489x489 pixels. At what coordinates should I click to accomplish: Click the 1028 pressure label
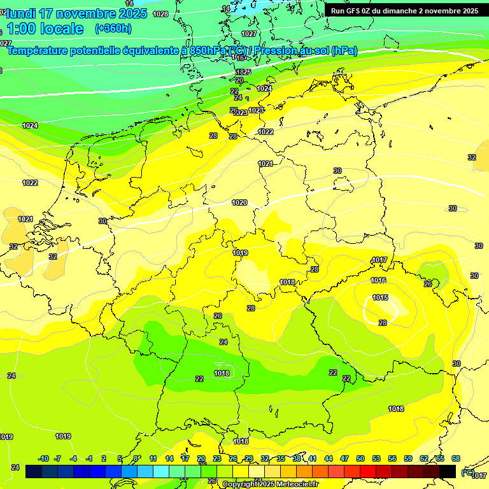[160, 14]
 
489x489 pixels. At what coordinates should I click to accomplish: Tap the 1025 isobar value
[243, 72]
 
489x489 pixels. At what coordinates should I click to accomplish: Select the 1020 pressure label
[239, 202]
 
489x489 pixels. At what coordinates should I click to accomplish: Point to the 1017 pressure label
[379, 260]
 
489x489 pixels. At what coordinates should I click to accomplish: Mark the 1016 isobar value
[378, 280]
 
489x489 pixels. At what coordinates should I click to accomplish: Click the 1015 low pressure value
[381, 297]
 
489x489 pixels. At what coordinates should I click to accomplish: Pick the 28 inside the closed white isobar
[383, 323]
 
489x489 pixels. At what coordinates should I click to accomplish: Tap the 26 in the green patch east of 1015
[428, 283]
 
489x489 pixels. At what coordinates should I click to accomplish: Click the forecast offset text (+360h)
[113, 29]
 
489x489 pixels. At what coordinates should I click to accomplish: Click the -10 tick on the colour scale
[43, 458]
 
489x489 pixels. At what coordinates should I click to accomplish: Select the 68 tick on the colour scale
[456, 458]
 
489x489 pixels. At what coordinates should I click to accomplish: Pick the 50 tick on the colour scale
[360, 458]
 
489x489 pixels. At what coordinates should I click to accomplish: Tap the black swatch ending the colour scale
[448, 472]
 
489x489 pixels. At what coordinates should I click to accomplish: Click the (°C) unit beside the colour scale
[467, 472]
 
